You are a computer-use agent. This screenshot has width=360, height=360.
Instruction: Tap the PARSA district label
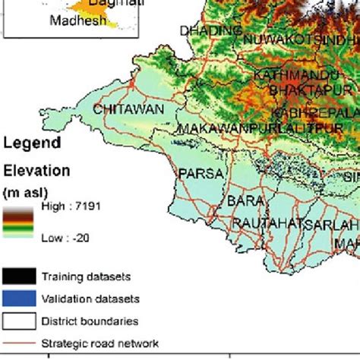pyautogui.click(x=201, y=174)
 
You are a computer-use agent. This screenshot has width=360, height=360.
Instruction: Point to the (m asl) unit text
pyautogui.click(x=26, y=189)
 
